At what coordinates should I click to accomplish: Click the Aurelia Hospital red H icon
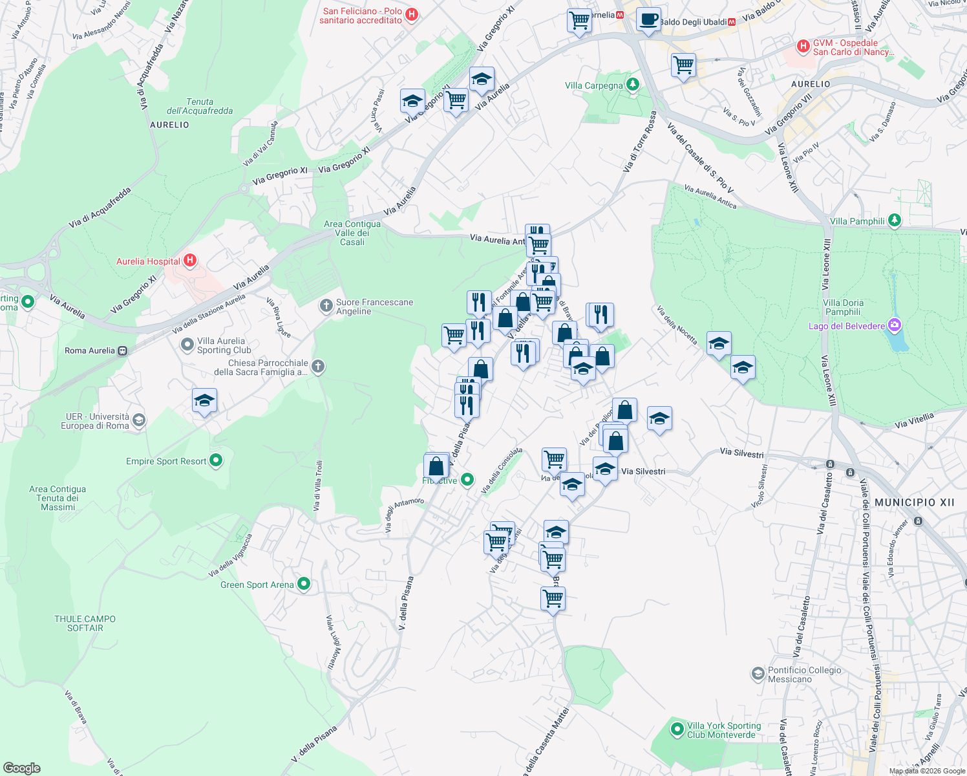pos(190,261)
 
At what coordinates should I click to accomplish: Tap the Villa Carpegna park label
pos(593,85)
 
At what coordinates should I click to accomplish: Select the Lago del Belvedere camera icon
pos(894,325)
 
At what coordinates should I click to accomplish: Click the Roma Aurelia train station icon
pos(123,350)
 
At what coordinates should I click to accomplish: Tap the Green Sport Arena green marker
pos(304,584)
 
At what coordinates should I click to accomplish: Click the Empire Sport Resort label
pos(166,461)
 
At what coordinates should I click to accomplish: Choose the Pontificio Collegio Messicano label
pos(804,674)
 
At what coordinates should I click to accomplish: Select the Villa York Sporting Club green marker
pos(677,729)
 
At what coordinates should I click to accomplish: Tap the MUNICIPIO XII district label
pos(914,502)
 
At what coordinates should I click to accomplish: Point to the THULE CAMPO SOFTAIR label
pos(85,623)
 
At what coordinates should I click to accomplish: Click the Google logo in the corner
pos(22,768)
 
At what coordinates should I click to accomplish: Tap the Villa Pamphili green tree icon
pos(894,221)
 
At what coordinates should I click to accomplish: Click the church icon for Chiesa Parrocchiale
pos(317,367)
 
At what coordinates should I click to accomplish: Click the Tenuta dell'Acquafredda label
pos(200,106)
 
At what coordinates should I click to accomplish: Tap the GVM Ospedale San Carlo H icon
pos(803,46)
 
